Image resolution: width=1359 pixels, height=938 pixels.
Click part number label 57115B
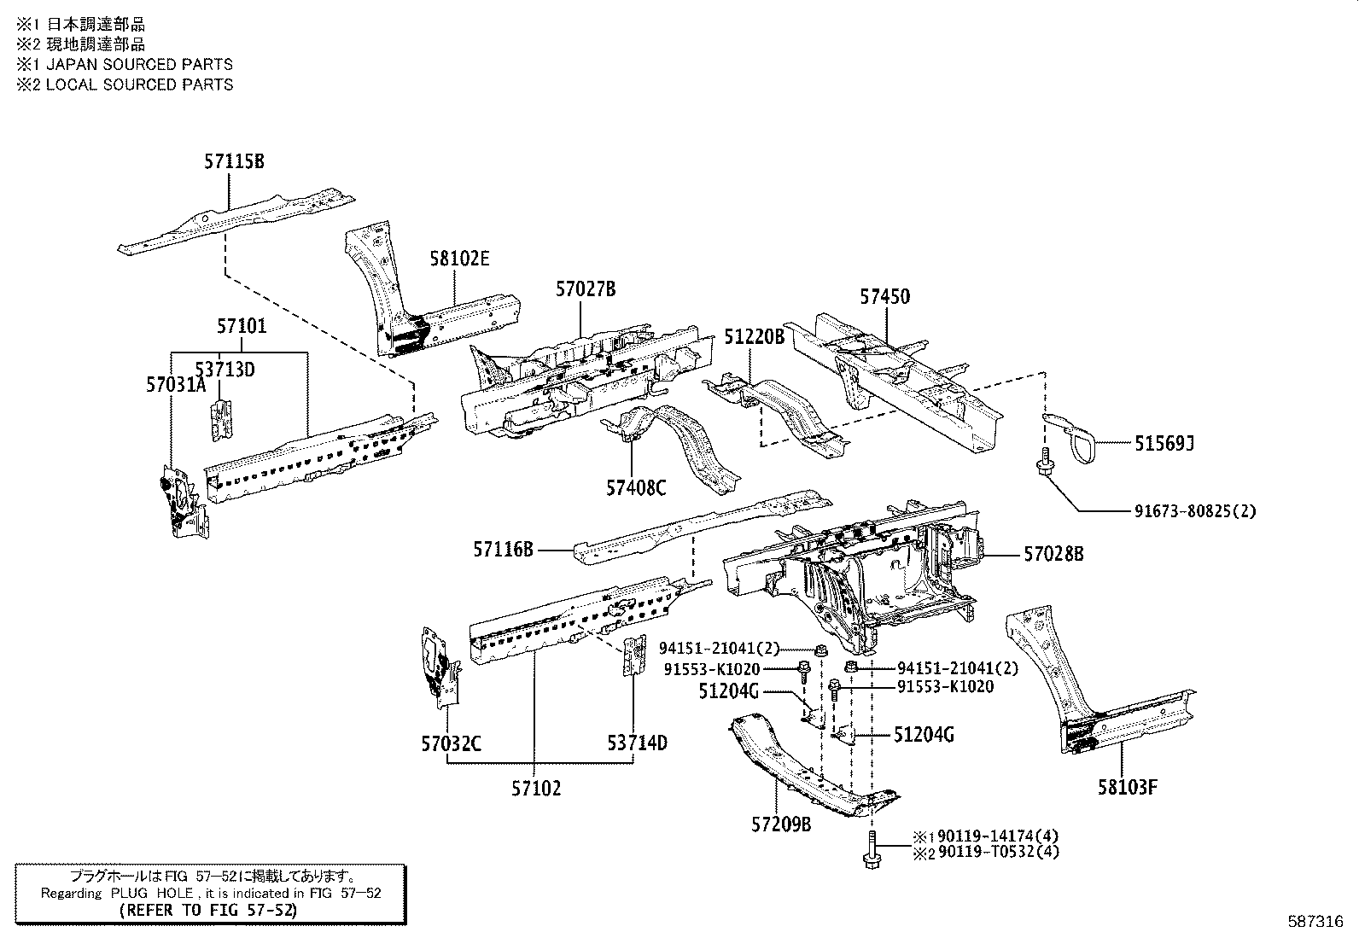point(234,160)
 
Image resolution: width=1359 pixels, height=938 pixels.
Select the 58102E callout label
point(459,259)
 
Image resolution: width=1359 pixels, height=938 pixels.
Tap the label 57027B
point(586,289)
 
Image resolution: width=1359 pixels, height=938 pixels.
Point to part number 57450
point(884,297)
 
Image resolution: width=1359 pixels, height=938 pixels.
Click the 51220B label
point(754,336)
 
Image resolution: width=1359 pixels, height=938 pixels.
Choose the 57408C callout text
point(636,487)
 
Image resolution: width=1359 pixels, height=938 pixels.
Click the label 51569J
point(1164,443)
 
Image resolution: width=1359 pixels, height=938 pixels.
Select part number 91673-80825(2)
point(1195,511)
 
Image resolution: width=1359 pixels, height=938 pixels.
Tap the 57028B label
point(1053,554)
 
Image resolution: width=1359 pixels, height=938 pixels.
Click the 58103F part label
point(1128,786)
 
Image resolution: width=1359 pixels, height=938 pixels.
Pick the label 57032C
point(451,743)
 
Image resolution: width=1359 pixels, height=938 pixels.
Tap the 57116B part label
point(503,551)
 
